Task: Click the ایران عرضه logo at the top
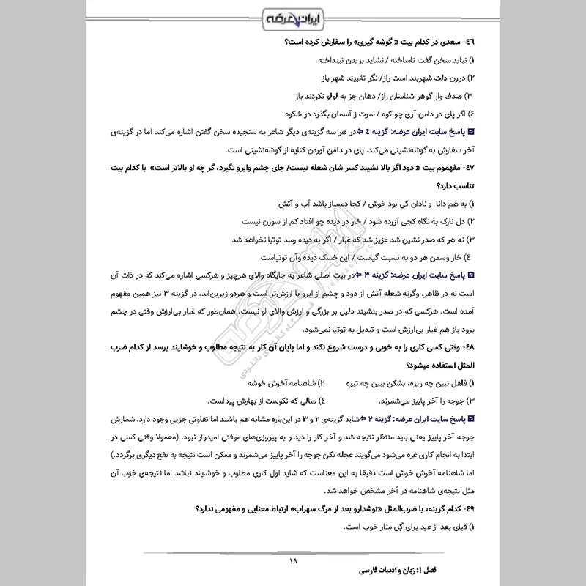(x=293, y=16)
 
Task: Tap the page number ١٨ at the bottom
(x=293, y=561)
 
